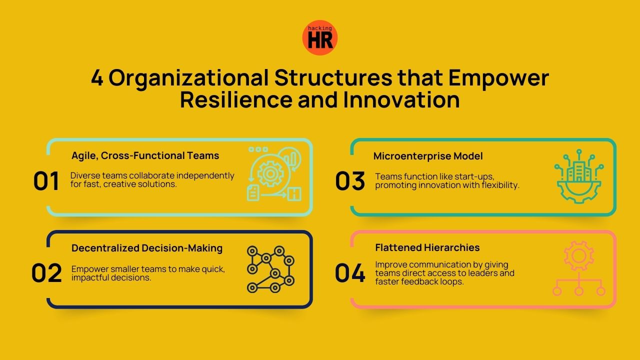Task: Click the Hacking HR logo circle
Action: pos(320,37)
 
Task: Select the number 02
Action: pos(46,273)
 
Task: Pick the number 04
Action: pos(350,273)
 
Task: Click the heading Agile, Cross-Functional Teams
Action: pos(145,155)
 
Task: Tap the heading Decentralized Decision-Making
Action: pos(147,248)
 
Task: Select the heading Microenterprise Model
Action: pos(428,156)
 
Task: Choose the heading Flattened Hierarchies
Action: pos(427,247)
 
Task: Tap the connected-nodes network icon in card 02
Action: pos(270,269)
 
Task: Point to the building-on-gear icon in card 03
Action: pos(579,176)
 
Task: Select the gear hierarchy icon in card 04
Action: pos(579,268)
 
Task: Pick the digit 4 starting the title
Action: pos(97,78)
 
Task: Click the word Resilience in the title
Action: pos(235,99)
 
